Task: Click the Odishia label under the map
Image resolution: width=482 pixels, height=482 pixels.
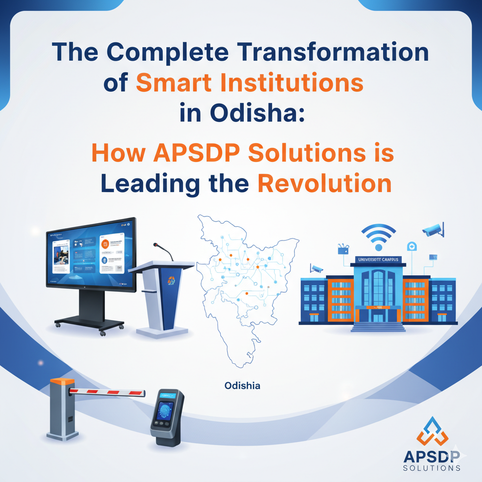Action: (x=243, y=386)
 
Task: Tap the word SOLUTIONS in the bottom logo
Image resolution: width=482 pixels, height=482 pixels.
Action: (x=432, y=468)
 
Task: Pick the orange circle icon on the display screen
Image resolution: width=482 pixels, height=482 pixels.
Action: (x=105, y=244)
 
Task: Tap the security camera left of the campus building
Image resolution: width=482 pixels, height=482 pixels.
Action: (x=316, y=269)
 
